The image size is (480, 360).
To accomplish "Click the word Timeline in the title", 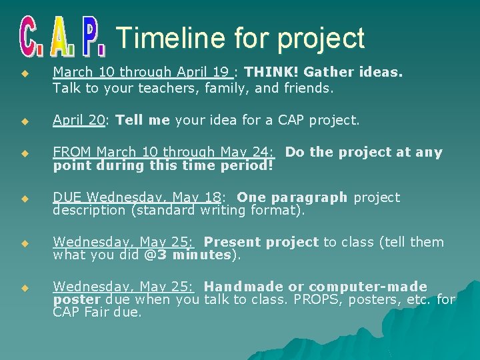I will coord(170,38).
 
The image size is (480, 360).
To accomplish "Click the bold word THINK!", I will coord(274,72).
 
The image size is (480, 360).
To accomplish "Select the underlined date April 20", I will coord(79,121).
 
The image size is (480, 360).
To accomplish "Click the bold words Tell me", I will coord(143,121).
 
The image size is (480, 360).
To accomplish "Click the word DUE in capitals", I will coord(67,197).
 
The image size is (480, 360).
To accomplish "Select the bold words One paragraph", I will coord(292,197).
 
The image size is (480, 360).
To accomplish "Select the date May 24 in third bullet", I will coord(250,152).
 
